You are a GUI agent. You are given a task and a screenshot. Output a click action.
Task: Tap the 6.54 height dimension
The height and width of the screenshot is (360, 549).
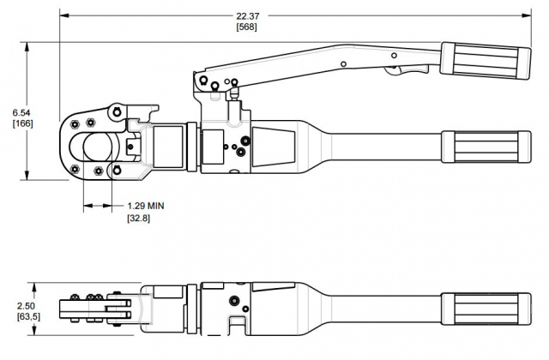click(22, 112)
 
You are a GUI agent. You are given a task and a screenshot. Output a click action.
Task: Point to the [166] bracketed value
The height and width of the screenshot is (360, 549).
click(22, 123)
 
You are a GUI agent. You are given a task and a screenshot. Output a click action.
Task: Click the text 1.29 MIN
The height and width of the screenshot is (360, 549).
click(145, 207)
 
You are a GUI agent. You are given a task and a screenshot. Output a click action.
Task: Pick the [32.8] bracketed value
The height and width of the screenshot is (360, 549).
click(139, 219)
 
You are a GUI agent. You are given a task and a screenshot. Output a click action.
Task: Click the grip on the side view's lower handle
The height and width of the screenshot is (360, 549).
click(480, 146)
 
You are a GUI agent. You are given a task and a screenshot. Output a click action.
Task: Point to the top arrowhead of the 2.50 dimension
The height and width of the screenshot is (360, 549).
click(31, 284)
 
